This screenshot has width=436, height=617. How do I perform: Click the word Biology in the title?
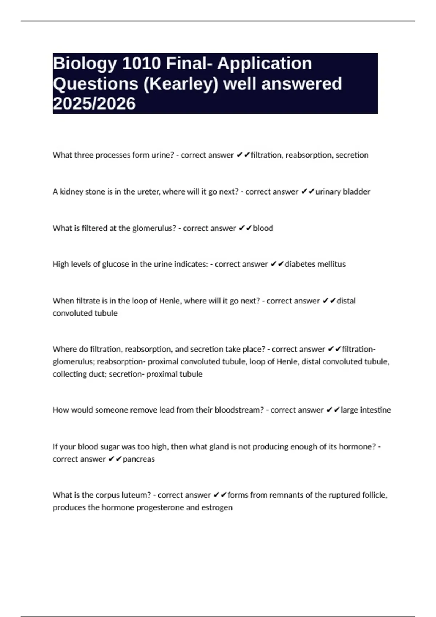pos(85,64)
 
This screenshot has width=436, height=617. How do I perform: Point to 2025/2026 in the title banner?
pos(94,104)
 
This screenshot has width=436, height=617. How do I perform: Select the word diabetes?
pos(300,264)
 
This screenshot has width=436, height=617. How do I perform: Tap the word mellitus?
pos(331,264)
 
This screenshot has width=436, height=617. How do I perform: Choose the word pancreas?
pos(138,459)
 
